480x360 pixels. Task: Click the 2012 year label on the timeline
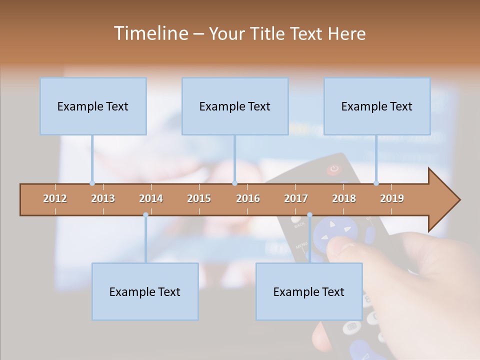(x=55, y=198)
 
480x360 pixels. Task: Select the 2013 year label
(x=103, y=198)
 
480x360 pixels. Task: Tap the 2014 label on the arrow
(x=151, y=198)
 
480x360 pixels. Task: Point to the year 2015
(x=199, y=198)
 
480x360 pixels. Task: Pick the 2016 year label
(x=248, y=198)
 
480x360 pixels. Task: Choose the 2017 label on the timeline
(x=296, y=198)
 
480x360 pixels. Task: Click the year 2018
(x=344, y=198)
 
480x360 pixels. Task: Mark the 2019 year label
(x=392, y=198)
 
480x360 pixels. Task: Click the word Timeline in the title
(x=150, y=33)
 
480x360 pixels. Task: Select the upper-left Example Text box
(x=93, y=106)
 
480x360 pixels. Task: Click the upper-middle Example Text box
(x=235, y=106)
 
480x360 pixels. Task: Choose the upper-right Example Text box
(x=377, y=106)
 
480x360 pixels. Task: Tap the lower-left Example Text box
(x=145, y=291)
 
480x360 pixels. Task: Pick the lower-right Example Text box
(x=309, y=291)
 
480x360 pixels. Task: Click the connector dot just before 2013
(x=92, y=183)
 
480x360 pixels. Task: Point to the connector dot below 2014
(x=145, y=215)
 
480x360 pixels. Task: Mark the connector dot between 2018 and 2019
(x=376, y=183)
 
